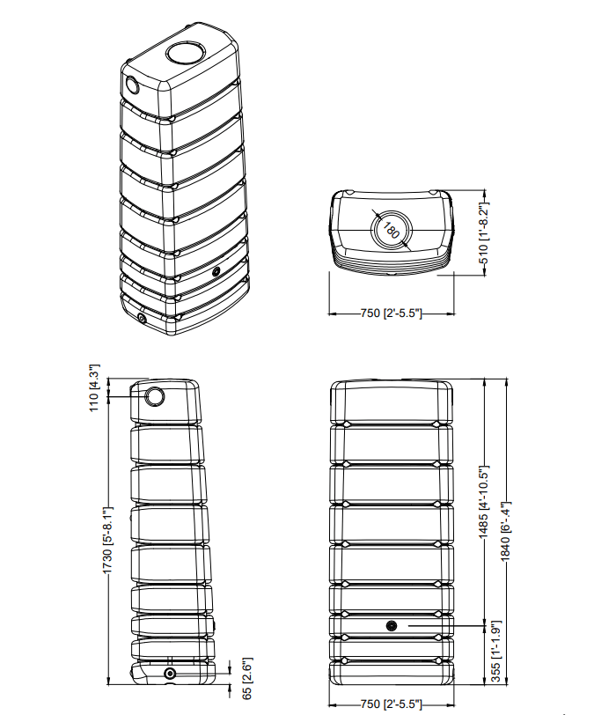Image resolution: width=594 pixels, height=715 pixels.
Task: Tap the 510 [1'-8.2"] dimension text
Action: (x=484, y=234)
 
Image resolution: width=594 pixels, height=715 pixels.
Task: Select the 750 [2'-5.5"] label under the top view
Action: (x=391, y=313)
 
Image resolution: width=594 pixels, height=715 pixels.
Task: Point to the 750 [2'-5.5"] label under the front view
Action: (x=391, y=704)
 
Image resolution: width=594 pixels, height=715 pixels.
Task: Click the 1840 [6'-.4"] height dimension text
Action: (x=506, y=531)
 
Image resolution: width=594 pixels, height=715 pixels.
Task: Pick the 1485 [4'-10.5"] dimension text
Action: (x=484, y=502)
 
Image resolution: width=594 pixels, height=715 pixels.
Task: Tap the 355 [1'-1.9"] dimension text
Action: (x=496, y=652)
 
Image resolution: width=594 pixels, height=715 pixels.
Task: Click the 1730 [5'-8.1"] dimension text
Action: (x=107, y=541)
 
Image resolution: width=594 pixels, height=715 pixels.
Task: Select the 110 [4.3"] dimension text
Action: (x=94, y=388)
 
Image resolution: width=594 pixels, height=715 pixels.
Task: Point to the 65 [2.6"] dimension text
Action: (x=246, y=678)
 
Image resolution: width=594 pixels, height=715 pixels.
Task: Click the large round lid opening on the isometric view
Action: (x=185, y=53)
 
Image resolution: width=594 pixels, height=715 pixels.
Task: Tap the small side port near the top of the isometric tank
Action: (x=132, y=85)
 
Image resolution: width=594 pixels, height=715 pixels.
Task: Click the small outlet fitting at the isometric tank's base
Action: (x=142, y=318)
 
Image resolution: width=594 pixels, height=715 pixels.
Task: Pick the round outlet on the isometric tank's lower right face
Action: (x=216, y=272)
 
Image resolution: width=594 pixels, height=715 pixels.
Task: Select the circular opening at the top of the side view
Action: (x=155, y=397)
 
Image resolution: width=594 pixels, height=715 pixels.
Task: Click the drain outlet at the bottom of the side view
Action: (x=170, y=674)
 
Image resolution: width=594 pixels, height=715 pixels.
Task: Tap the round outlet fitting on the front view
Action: (x=391, y=625)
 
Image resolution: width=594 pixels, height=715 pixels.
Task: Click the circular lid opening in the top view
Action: (x=391, y=231)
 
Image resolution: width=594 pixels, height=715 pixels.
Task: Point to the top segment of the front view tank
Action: (x=391, y=402)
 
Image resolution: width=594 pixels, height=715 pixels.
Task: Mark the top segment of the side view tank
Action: (x=165, y=402)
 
